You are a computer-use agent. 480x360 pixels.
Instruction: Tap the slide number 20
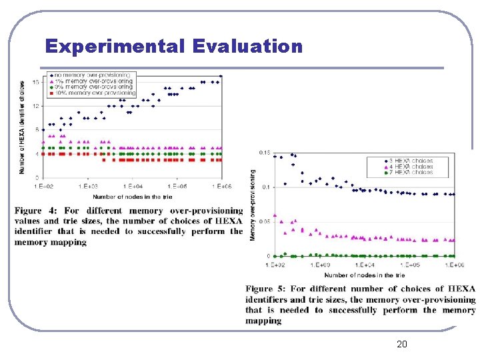401,344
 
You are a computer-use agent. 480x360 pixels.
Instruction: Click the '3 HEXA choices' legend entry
412,161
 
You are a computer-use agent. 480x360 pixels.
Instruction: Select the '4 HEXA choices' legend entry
412,167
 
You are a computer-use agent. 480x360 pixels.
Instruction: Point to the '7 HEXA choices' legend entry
412,172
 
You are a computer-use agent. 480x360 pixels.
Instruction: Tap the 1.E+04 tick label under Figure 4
133,186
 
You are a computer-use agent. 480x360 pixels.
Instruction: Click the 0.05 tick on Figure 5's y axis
265,221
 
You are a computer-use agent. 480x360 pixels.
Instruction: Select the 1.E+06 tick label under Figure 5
455,265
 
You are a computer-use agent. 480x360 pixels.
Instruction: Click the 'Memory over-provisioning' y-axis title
253,205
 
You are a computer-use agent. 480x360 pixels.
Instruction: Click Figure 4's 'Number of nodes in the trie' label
132,197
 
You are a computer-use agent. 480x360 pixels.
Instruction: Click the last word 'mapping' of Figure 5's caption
263,321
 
